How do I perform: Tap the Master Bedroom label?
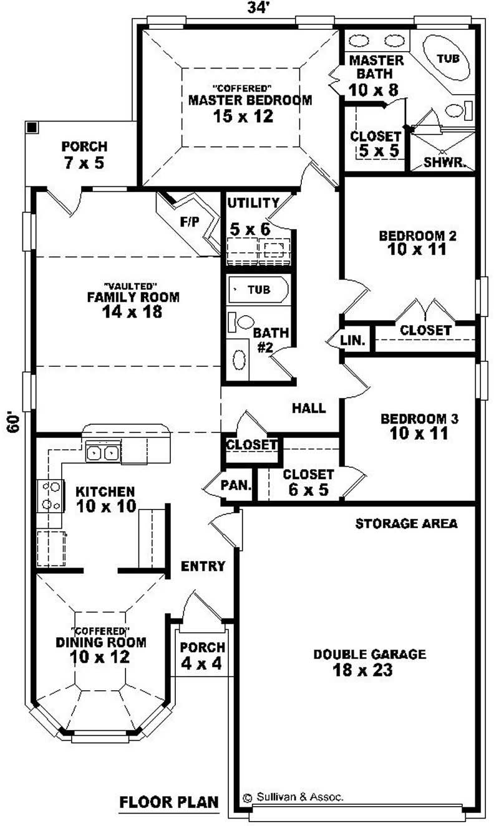[x=250, y=100]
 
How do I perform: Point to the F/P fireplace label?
[x=188, y=222]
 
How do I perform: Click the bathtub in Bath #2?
[x=258, y=290]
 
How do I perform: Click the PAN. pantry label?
[x=236, y=485]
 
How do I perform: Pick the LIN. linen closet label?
[x=356, y=341]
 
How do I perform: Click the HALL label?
[x=309, y=408]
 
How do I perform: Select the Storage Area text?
[x=406, y=523]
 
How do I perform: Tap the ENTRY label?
[x=203, y=566]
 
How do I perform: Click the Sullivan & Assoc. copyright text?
[x=293, y=797]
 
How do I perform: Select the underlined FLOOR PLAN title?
[x=168, y=801]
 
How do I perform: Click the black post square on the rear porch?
[x=32, y=127]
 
